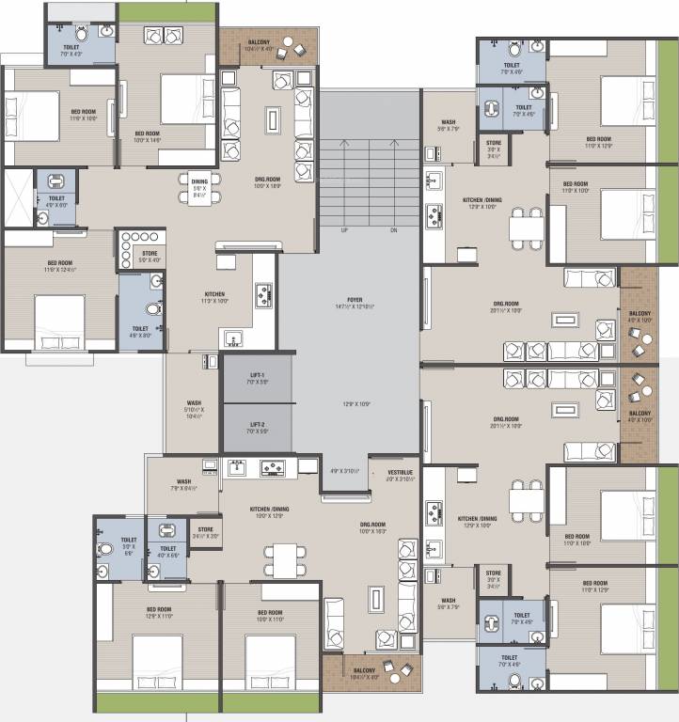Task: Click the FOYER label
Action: tap(348, 302)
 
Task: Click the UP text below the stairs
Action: tap(344, 229)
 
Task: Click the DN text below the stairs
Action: tap(393, 229)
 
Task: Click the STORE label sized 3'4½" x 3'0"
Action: tap(205, 533)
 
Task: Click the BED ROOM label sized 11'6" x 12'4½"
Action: tap(59, 267)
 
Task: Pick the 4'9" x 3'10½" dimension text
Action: tap(345, 472)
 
